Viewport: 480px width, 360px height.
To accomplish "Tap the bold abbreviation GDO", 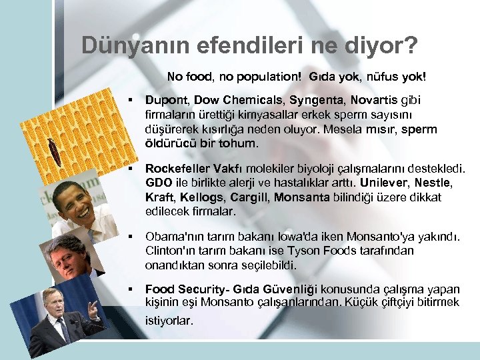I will pyautogui.click(x=157, y=183).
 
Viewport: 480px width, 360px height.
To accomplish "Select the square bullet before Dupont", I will pyautogui.click(x=132, y=100).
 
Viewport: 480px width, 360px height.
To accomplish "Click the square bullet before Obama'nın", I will pyautogui.click(x=132, y=237).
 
